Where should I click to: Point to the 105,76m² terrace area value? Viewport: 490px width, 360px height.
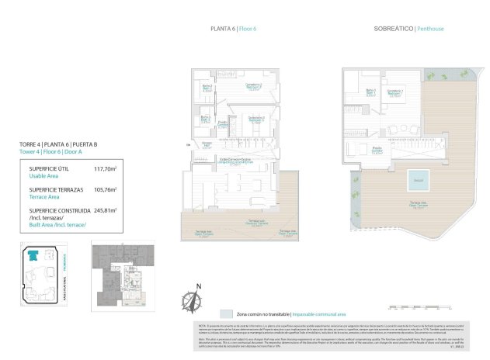(x=105, y=189)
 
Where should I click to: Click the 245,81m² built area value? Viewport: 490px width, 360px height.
(x=105, y=210)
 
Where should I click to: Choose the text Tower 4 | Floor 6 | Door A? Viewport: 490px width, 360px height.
(x=60, y=152)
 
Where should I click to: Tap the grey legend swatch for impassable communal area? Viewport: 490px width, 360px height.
(x=225, y=313)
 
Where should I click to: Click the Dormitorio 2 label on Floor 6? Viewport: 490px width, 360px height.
(x=255, y=119)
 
